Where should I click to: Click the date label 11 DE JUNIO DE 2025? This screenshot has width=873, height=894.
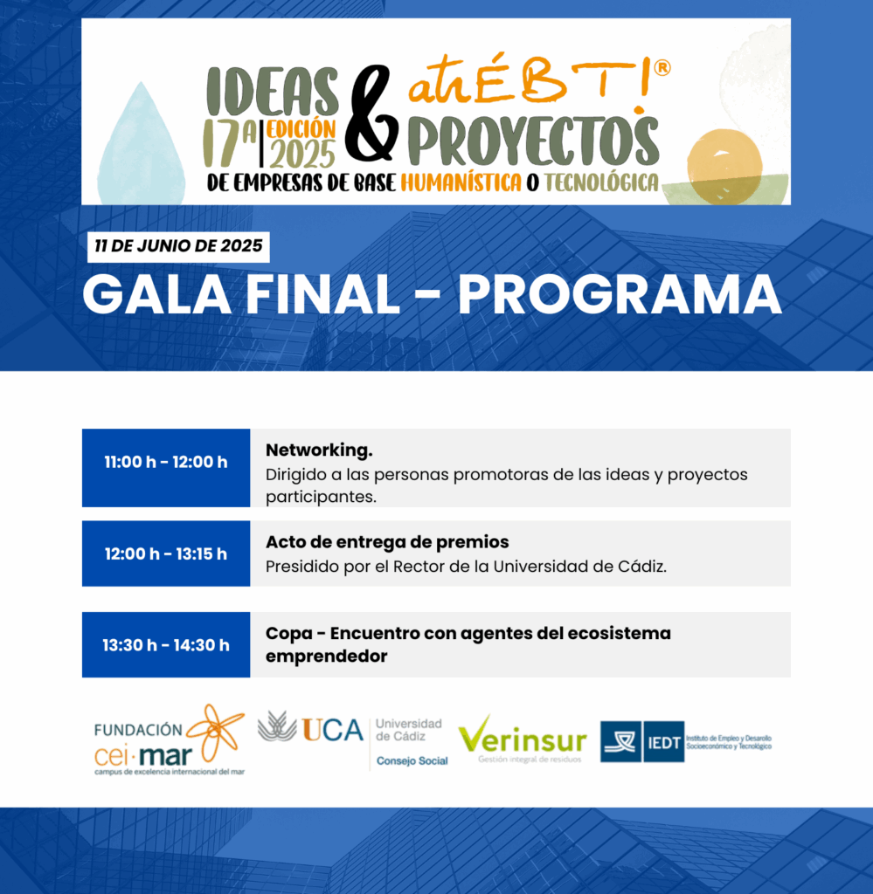[x=178, y=246]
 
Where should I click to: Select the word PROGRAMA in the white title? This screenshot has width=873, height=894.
[x=620, y=295]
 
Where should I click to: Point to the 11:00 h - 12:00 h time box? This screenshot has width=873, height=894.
[x=166, y=468]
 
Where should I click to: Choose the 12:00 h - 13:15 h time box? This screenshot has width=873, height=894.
[x=166, y=554]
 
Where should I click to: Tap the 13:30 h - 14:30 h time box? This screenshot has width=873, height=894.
[x=166, y=645]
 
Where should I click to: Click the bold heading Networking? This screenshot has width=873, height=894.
[x=319, y=450]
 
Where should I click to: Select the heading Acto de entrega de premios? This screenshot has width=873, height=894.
[x=387, y=541]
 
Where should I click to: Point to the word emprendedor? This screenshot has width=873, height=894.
[x=326, y=657]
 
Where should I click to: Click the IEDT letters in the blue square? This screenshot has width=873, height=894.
[x=664, y=742]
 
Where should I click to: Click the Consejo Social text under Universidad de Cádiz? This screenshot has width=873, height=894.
[x=412, y=761]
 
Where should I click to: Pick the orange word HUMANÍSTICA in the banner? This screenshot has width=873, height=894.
[x=461, y=182]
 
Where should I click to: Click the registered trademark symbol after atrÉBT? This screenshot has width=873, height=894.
[x=662, y=68]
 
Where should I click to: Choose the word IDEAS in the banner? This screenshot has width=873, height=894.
[x=272, y=92]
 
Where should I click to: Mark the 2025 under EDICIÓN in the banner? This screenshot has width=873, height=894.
[x=302, y=154]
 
